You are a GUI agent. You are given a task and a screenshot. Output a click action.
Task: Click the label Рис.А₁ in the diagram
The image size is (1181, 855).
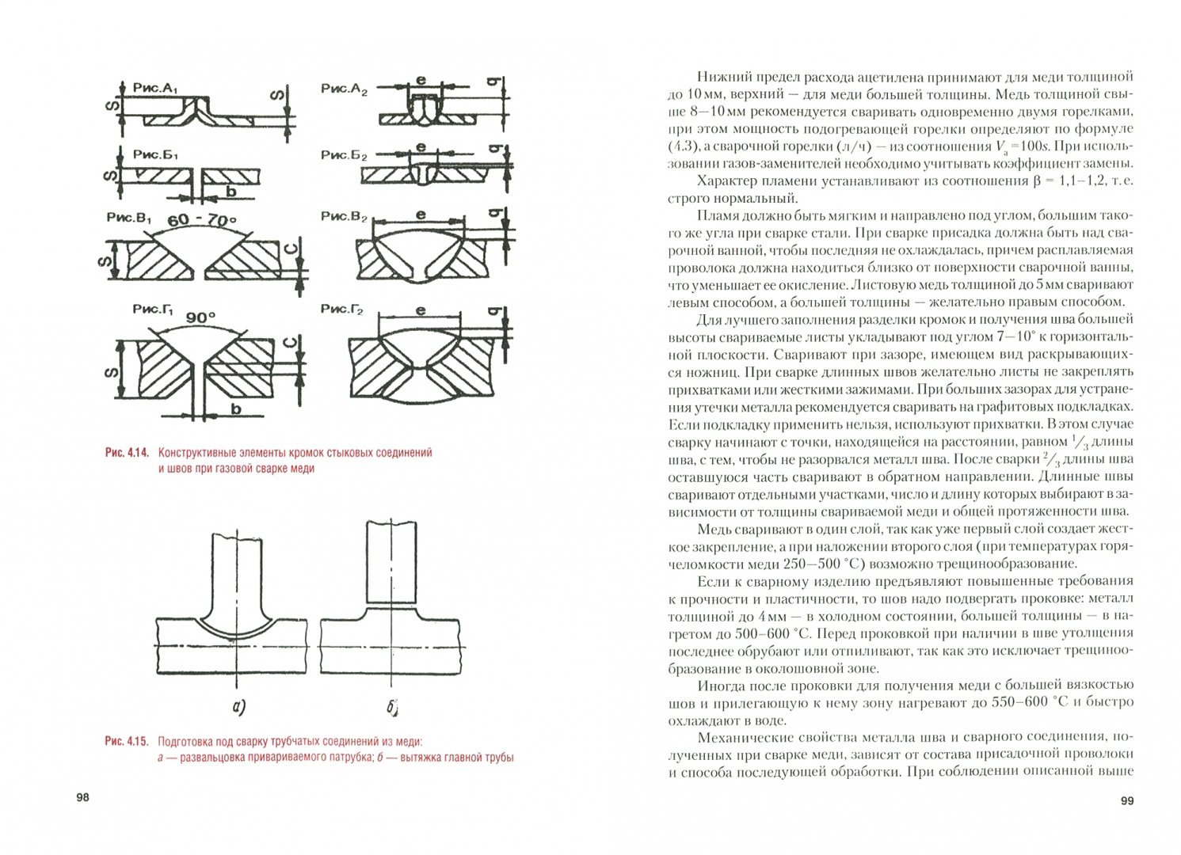pyautogui.click(x=155, y=89)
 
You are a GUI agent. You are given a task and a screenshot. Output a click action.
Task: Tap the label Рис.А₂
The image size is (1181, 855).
pyautogui.click(x=345, y=89)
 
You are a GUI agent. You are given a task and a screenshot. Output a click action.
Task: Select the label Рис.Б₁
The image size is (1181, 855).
pyautogui.click(x=155, y=155)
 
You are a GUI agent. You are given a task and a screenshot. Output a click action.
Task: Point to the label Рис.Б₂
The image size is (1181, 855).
pyautogui.click(x=345, y=155)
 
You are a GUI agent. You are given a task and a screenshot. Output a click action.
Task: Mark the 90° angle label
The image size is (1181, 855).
pyautogui.click(x=200, y=317)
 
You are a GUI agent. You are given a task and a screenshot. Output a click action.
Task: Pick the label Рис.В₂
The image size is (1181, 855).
pyautogui.click(x=345, y=216)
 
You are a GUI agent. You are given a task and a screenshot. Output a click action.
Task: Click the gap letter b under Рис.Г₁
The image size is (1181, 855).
pyautogui.click(x=236, y=408)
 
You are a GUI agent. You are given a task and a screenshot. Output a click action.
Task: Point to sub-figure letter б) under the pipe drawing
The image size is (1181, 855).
pyautogui.click(x=393, y=707)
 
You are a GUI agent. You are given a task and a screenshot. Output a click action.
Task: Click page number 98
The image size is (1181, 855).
pyautogui.click(x=82, y=797)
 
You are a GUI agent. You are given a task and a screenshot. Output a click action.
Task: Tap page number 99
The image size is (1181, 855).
pyautogui.click(x=1127, y=801)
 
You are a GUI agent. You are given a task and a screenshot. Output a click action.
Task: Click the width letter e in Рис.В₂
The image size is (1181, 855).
pyautogui.click(x=421, y=215)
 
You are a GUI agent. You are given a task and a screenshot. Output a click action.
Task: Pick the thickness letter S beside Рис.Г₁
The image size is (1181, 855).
pyautogui.click(x=113, y=370)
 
